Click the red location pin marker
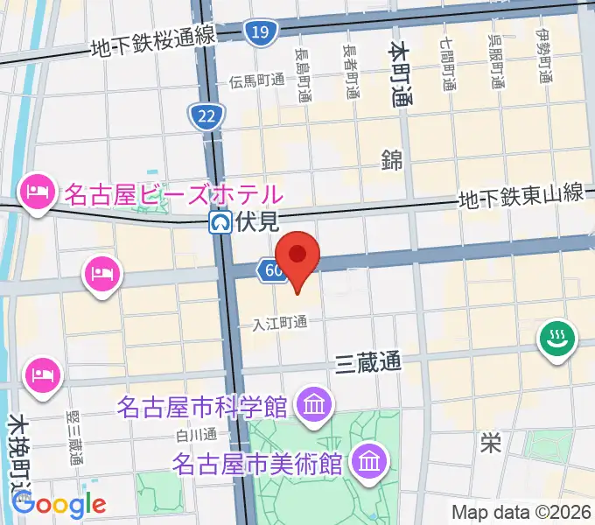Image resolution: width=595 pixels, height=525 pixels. (x=297, y=256)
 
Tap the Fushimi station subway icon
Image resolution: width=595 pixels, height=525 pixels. (x=220, y=223)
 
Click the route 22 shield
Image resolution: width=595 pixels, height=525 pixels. (x=207, y=115)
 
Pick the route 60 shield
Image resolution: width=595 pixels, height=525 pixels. (x=272, y=270)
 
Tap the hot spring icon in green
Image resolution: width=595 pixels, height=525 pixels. (x=556, y=339)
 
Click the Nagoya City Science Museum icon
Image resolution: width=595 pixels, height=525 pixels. (x=312, y=405)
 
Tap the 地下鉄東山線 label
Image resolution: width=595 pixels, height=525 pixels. (x=522, y=198)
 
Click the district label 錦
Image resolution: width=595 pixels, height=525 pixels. (x=391, y=159)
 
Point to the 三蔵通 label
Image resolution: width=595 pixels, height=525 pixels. (x=368, y=362)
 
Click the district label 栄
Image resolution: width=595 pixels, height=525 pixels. (x=490, y=443)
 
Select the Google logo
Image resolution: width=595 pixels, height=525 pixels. (x=59, y=504)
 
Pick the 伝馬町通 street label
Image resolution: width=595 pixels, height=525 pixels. (x=257, y=80)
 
